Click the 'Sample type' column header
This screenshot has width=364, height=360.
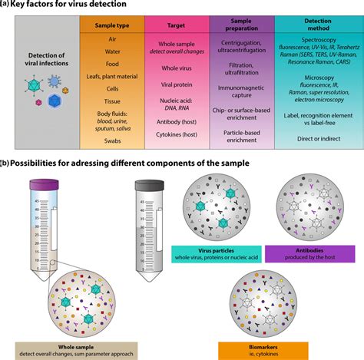click(112, 25)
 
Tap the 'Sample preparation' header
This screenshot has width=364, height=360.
click(248, 25)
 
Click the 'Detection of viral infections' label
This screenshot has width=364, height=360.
click(41, 61)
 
